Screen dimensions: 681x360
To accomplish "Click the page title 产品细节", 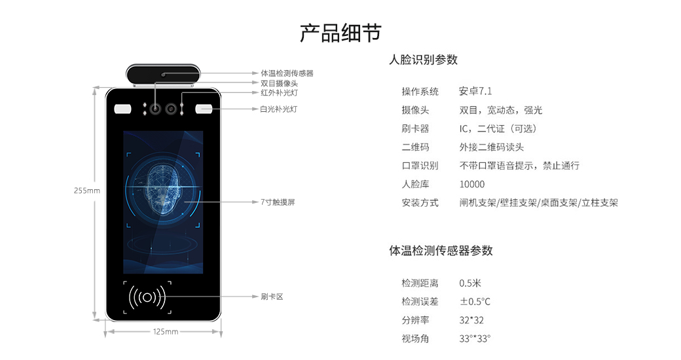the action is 340,33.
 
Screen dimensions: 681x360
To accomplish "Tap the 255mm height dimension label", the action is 87,190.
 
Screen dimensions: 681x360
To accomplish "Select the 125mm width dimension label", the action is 166,332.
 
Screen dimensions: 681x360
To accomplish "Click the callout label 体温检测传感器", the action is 287,73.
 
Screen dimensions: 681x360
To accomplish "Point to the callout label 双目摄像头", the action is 279,83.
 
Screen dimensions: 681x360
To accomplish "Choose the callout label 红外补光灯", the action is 279,92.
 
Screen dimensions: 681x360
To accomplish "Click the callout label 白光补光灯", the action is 279,109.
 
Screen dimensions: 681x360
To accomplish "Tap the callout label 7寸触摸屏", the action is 278,202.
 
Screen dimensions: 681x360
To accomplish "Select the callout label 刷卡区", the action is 272,297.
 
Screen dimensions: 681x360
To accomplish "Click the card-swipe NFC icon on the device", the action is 147,297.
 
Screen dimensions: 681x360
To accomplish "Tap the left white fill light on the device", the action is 122,109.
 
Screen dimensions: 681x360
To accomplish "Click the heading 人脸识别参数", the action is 423,60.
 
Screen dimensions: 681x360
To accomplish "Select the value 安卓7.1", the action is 475,91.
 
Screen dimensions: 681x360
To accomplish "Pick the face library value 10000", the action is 471,184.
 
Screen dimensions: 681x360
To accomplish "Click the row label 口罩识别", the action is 420,166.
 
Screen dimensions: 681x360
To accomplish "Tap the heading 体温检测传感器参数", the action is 441,251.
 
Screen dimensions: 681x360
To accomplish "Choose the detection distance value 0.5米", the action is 470,283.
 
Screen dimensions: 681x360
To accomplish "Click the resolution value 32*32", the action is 471,320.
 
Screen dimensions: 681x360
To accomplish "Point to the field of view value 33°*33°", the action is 475,338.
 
